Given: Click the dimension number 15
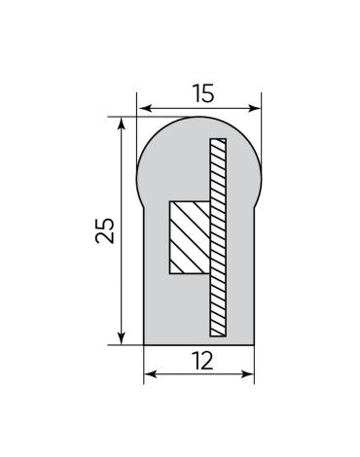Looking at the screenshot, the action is pyautogui.click(x=203, y=93).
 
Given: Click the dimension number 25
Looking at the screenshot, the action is pyautogui.click(x=105, y=230).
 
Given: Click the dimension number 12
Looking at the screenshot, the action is pyautogui.click(x=202, y=361).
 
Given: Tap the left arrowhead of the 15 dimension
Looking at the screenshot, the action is pyautogui.click(x=144, y=108).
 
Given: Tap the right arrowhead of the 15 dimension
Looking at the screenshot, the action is pyautogui.click(x=254, y=108).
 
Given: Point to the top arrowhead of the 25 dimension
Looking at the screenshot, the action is pyautogui.click(x=121, y=124).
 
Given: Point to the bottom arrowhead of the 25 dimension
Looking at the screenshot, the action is pyautogui.click(x=121, y=337).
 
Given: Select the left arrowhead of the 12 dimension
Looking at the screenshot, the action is pyautogui.click(x=151, y=374).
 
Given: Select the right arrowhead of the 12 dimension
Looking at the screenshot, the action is pyautogui.click(x=247, y=374).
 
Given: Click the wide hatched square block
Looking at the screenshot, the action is pyautogui.click(x=190, y=237).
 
